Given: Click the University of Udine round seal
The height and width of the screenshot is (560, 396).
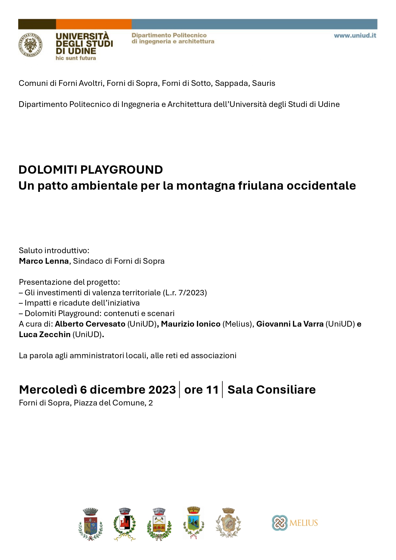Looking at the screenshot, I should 30,45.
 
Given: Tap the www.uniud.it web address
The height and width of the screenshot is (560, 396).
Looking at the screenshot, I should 355,35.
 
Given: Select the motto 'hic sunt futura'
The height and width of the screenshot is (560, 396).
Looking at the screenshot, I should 76,58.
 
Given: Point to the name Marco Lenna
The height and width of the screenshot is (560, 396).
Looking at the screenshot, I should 44,261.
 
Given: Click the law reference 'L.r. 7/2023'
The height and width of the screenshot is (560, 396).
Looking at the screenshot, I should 185,292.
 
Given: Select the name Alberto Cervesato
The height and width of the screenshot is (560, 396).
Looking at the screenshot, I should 90,324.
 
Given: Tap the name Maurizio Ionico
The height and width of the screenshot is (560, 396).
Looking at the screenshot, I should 191,324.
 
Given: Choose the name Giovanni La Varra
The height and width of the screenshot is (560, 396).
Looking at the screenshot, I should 290,324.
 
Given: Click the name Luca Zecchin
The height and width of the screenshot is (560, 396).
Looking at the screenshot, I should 45,335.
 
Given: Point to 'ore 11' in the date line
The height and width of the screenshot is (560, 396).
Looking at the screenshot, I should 201,390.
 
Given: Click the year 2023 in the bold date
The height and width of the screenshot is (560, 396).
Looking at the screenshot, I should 162,390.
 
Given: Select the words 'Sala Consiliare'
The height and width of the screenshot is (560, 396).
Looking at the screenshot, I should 272,390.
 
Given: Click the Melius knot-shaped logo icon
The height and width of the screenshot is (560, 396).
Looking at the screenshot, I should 280,523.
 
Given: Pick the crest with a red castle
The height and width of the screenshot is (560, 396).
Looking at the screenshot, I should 124,524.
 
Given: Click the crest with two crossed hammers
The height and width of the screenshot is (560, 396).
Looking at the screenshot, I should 159,524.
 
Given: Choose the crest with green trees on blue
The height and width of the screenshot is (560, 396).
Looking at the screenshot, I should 193,523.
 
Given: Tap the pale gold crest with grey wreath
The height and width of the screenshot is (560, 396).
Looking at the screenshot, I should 228,524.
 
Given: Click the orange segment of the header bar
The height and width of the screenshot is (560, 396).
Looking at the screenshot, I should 93,24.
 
